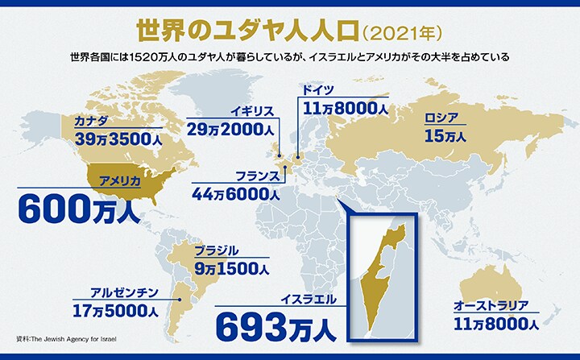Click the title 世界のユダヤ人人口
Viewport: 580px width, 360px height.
coord(245,30)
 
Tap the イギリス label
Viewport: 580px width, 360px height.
coord(254,110)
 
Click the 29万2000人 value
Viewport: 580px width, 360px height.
coord(234,129)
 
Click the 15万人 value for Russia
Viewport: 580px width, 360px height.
coord(445,137)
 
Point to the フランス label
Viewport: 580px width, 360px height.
coord(258,176)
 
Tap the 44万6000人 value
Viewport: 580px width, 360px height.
coord(236,192)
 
